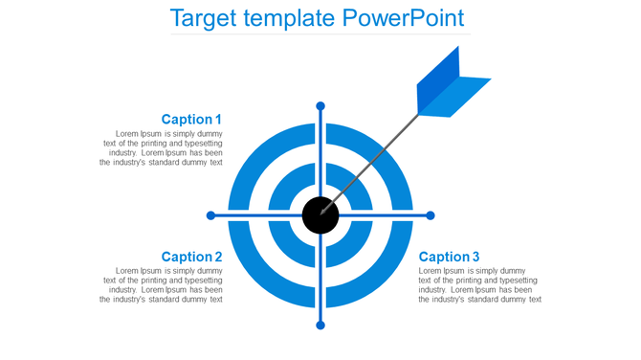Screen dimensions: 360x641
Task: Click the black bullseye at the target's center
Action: (320, 215)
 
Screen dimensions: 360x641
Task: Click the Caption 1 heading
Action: (191, 120)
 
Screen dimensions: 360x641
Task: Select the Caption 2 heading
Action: (191, 257)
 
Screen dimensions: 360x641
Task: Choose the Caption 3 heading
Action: (450, 257)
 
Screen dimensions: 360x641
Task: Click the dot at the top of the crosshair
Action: (320, 105)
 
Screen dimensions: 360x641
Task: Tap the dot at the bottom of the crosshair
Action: (320, 326)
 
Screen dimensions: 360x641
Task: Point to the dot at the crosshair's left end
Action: (211, 215)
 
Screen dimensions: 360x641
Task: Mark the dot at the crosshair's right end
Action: (430, 215)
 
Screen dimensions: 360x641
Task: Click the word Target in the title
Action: (205, 18)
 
